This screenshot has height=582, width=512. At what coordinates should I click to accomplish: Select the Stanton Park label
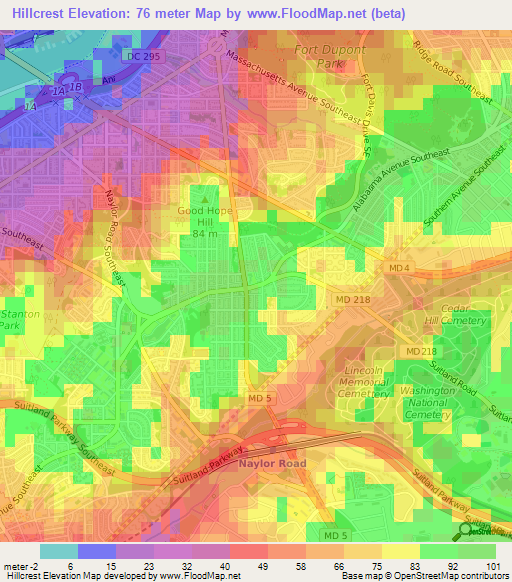(x=9, y=319)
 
